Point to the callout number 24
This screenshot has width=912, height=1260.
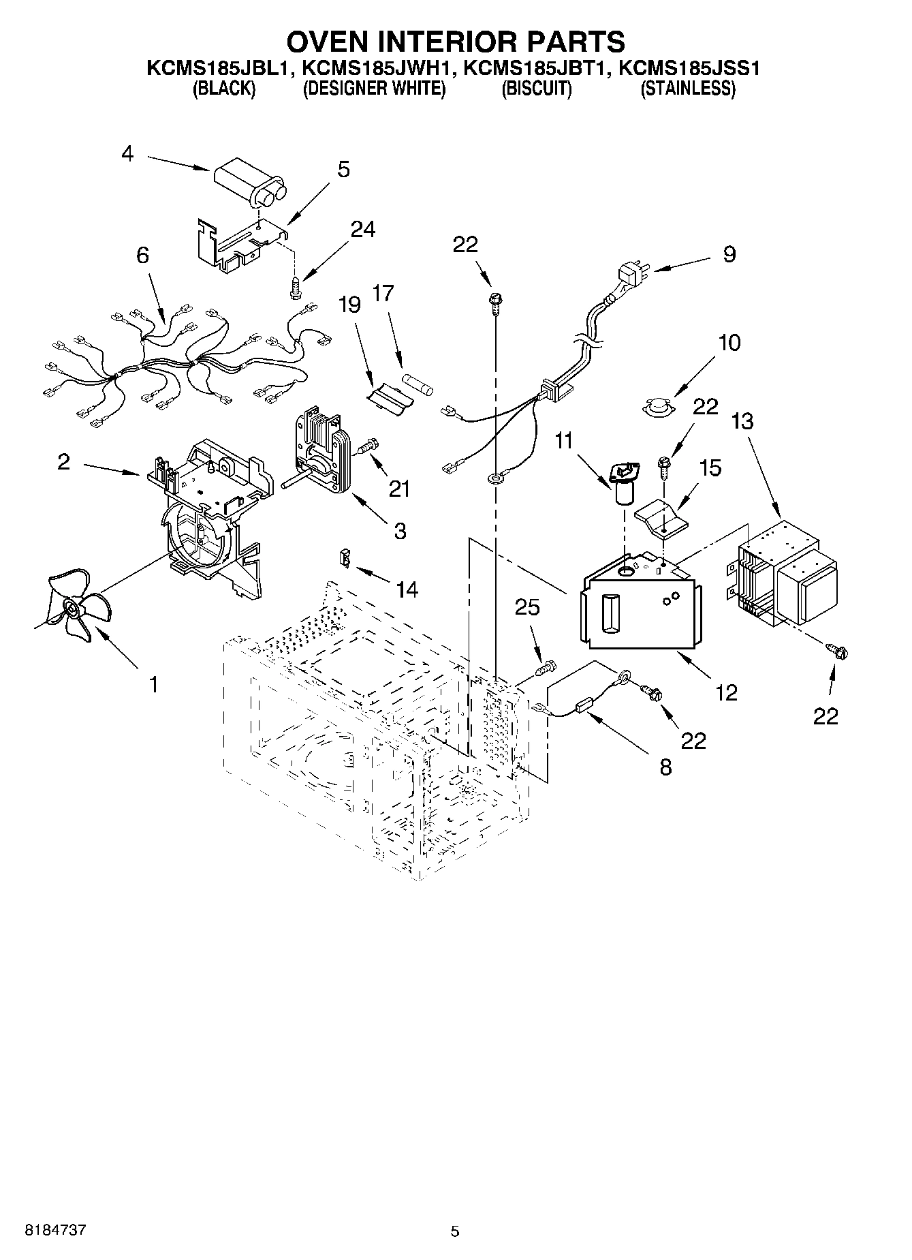pyautogui.click(x=362, y=230)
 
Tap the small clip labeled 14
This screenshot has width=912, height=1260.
pyautogui.click(x=345, y=558)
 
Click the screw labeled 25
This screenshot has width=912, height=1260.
pyautogui.click(x=546, y=667)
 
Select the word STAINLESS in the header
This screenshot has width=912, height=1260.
pyautogui.click(x=688, y=89)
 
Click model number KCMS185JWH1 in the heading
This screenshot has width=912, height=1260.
pyautogui.click(x=374, y=68)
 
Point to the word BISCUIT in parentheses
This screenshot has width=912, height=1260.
pyautogui.click(x=536, y=89)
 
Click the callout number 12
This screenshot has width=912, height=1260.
pyautogui.click(x=727, y=692)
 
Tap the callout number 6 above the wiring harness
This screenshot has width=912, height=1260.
pyautogui.click(x=142, y=256)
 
